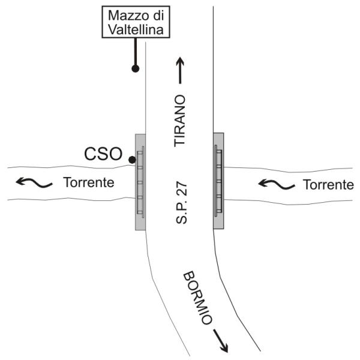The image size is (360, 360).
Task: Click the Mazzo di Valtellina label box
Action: coord(136,22)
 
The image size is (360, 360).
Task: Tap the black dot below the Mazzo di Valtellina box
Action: coord(136,68)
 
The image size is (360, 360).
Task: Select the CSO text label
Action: coord(103,154)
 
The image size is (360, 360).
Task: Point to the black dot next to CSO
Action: coord(132,160)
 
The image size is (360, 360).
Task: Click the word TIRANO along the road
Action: coord(179,121)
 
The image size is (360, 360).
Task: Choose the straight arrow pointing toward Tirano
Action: coord(180,70)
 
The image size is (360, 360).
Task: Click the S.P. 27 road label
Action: coord(181,203)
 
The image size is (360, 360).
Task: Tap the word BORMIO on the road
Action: coord(197,298)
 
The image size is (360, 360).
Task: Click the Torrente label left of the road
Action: coord(89,182)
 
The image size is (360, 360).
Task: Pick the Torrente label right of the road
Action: coord(328,185)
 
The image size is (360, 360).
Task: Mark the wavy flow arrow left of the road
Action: coord(34,182)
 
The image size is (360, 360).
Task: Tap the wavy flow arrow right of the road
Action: coord(277,184)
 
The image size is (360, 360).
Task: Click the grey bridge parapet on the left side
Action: coord(140,182)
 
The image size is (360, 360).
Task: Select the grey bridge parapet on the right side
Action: coord(218,181)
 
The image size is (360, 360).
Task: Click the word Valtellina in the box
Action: coord(136,30)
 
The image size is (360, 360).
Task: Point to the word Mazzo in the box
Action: coord(125,16)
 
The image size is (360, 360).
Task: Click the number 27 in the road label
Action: coord(181,188)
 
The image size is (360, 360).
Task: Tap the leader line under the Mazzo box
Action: coord(136,52)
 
